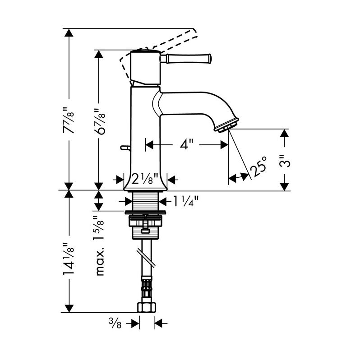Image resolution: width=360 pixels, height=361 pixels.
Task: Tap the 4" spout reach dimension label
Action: click(x=186, y=145)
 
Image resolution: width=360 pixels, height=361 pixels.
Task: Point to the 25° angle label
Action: click(x=258, y=170)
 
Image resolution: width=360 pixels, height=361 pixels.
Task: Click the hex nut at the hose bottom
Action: click(x=146, y=307)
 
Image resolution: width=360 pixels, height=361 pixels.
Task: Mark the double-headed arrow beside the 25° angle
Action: click(x=239, y=178)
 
